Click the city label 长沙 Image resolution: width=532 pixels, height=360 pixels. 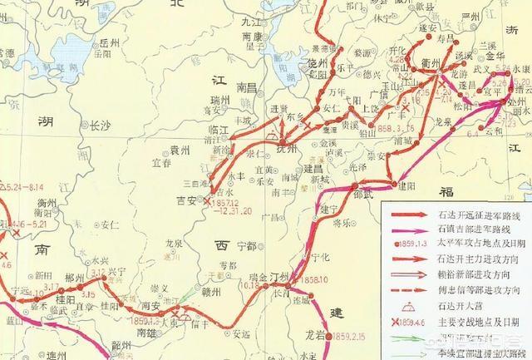click(100, 126)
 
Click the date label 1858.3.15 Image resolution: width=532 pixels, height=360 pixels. click(371, 129)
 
